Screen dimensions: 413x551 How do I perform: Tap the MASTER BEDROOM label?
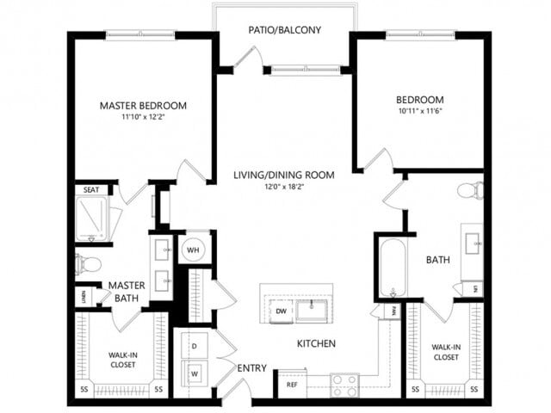coord(143,106)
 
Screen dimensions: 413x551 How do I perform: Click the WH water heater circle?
coord(194,249)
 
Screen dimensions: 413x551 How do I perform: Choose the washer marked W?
coord(194,374)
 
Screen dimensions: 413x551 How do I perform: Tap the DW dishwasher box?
coord(281,311)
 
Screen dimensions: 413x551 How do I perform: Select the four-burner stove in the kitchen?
coord(345,384)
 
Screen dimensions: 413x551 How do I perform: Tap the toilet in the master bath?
coord(89,264)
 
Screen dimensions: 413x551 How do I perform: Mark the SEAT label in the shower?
coord(90,190)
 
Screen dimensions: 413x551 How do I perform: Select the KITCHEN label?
coord(316,343)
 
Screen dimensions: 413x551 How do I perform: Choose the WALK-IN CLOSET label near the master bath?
coord(122,358)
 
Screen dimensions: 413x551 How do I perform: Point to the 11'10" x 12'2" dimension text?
coord(143,118)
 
